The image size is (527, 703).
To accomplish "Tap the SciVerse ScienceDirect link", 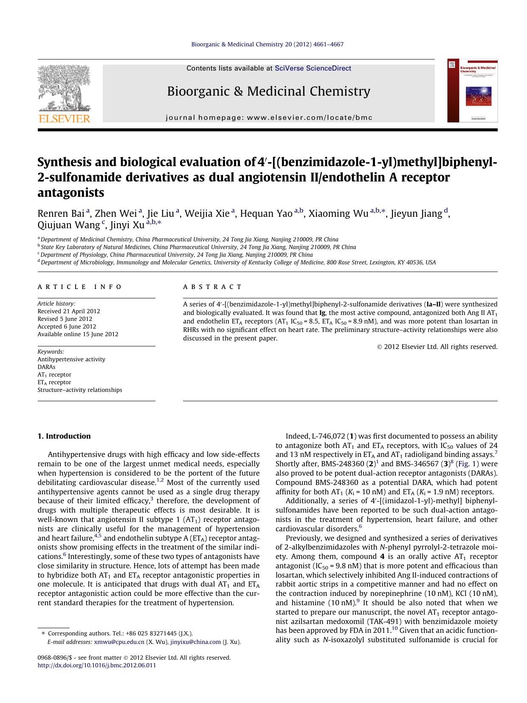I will [x=313, y=68].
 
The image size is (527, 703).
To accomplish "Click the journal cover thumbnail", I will [x=472, y=91].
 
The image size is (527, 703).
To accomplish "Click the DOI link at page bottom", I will [x=97, y=665].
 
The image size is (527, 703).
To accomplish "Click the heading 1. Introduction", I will [x=64, y=436].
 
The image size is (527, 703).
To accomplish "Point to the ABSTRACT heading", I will [x=212, y=287].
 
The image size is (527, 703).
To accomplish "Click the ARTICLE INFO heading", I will [x=79, y=287].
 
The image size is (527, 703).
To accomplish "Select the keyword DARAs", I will [x=46, y=367].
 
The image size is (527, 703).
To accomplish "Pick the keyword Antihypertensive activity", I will [x=71, y=359].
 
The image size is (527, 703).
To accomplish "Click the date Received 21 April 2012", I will [x=69, y=311].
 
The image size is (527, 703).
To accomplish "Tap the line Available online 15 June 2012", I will [x=78, y=334].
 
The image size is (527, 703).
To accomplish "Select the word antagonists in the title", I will [x=71, y=193].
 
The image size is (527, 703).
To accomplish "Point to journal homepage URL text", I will [x=269, y=117].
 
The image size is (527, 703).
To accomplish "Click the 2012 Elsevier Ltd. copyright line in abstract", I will [x=437, y=347].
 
